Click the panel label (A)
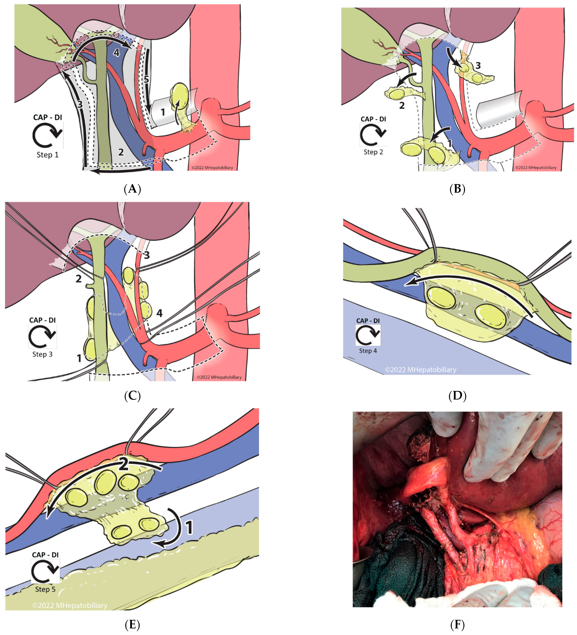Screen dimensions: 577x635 [x=132, y=189]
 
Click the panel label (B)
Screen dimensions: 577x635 [x=457, y=189]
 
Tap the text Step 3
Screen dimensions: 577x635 [x=42, y=354]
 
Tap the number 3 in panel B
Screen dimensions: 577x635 [x=478, y=66]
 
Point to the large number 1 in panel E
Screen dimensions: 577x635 [x=189, y=528]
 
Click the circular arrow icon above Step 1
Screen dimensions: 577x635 [x=47, y=135]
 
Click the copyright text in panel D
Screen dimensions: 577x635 [x=421, y=369]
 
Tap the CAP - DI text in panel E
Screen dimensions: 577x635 [x=45, y=555]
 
